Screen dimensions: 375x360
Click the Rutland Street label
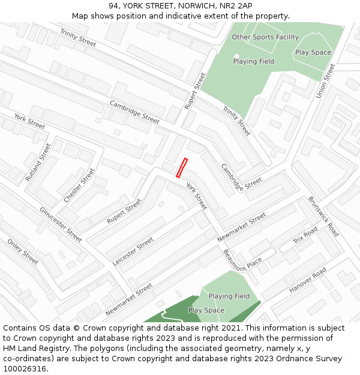click(39, 162)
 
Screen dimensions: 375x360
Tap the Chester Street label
click(79, 185)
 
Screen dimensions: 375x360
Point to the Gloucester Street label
click(61, 224)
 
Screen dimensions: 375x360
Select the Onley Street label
click(23, 251)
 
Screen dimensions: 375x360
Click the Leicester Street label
click(133, 251)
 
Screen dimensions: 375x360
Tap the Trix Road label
click(305, 236)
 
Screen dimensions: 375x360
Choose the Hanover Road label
click(307, 280)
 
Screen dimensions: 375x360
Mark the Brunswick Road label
click(323, 215)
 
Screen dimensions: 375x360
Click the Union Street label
click(325, 81)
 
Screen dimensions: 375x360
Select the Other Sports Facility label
click(265, 37)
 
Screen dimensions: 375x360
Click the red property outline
click(182, 167)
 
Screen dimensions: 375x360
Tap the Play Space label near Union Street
click(313, 52)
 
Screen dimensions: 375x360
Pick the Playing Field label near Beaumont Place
click(229, 296)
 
